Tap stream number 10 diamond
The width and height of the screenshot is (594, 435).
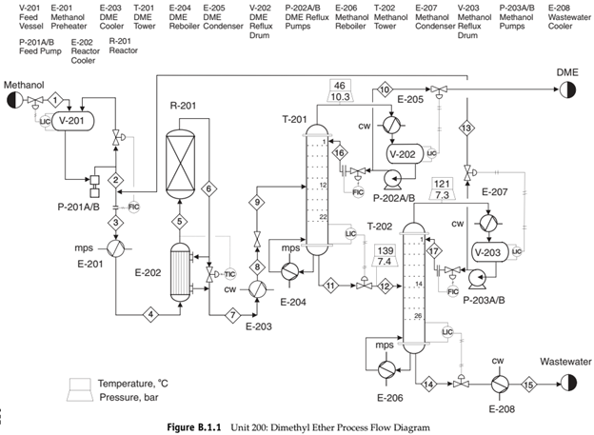[x=385, y=89]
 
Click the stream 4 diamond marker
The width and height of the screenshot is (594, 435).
[x=149, y=313]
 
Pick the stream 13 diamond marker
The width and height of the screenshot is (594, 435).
[x=466, y=128]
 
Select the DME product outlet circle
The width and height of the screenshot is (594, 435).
[x=568, y=89]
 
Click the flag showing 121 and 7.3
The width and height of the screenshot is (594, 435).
[x=441, y=188]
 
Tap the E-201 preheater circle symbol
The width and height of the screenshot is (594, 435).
[x=115, y=247]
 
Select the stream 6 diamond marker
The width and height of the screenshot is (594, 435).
[x=208, y=189]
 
